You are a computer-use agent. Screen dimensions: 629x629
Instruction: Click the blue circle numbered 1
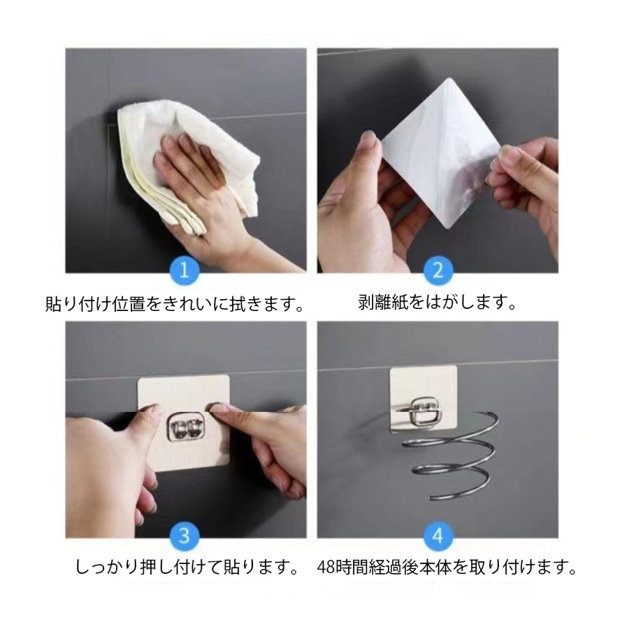click(x=184, y=270)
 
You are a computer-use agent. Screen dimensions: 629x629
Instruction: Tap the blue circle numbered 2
click(x=438, y=270)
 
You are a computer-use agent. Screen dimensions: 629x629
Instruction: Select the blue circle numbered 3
click(x=184, y=536)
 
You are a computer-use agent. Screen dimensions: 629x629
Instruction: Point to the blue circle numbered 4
click(x=438, y=536)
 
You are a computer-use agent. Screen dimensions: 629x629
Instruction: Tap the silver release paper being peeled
click(x=441, y=154)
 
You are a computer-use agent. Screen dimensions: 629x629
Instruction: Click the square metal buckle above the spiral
click(x=424, y=410)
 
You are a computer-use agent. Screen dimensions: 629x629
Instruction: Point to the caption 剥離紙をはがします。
click(x=438, y=302)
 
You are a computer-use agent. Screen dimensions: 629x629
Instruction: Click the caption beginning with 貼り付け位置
click(x=175, y=304)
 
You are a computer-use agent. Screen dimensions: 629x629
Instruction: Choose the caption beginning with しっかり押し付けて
click(x=187, y=567)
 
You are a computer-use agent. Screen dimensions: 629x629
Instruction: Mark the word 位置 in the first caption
click(x=129, y=304)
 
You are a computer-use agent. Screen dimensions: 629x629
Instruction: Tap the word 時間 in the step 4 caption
click(x=354, y=567)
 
